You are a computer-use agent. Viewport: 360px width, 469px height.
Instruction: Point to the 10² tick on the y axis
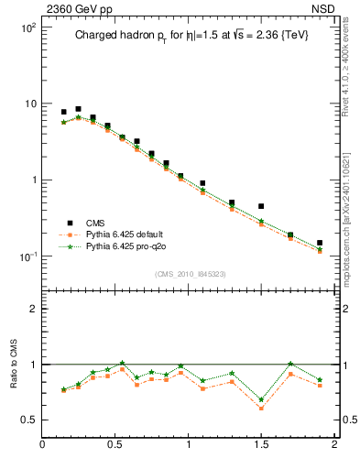click(x=27, y=28)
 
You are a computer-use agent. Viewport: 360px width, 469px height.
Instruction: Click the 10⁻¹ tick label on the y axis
click(x=27, y=256)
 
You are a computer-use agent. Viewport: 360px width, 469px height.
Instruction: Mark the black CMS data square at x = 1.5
click(x=261, y=206)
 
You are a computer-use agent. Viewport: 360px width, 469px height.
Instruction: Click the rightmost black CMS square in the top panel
click(x=320, y=243)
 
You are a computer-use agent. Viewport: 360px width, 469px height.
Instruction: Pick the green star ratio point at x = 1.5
click(x=261, y=399)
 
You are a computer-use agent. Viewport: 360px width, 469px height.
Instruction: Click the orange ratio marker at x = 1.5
click(x=261, y=408)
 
